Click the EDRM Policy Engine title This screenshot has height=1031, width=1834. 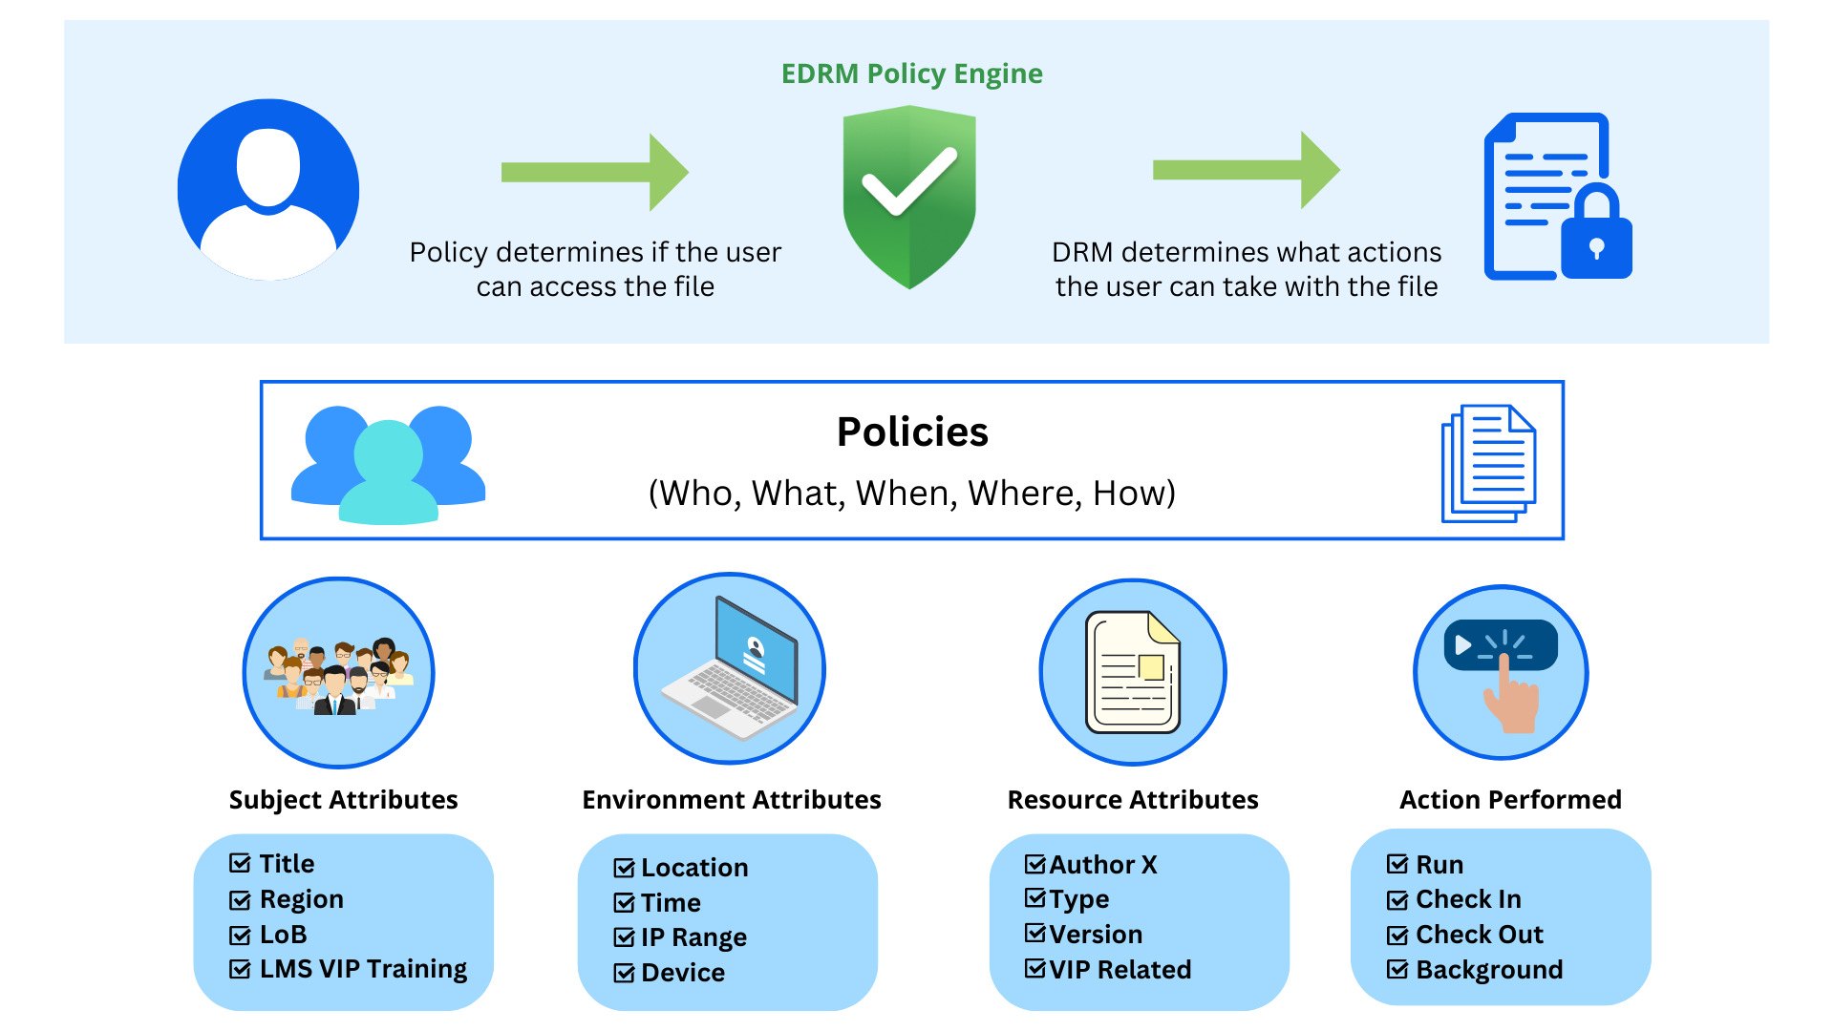tap(911, 74)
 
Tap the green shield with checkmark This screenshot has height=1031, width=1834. tap(908, 196)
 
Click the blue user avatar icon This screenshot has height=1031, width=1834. tap(268, 190)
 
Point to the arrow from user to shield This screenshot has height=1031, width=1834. tap(594, 172)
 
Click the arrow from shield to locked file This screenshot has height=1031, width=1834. tap(1246, 170)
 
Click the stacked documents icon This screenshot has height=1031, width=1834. tap(1488, 463)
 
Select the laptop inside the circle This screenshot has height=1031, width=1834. tap(731, 669)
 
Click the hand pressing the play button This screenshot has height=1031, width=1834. tap(1502, 673)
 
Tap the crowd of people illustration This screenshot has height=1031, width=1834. tap(339, 674)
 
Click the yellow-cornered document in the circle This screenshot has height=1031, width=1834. tap(1133, 673)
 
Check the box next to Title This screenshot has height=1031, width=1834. tap(240, 864)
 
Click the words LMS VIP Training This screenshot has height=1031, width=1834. tap(363, 969)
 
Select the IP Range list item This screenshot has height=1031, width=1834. tap(693, 937)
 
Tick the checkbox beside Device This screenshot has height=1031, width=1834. tap(625, 974)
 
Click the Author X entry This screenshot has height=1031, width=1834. tap(1102, 865)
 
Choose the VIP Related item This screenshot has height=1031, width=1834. tap(1120, 970)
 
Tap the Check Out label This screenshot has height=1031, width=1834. tap(1479, 935)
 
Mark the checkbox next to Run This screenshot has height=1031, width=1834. tap(1397, 865)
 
